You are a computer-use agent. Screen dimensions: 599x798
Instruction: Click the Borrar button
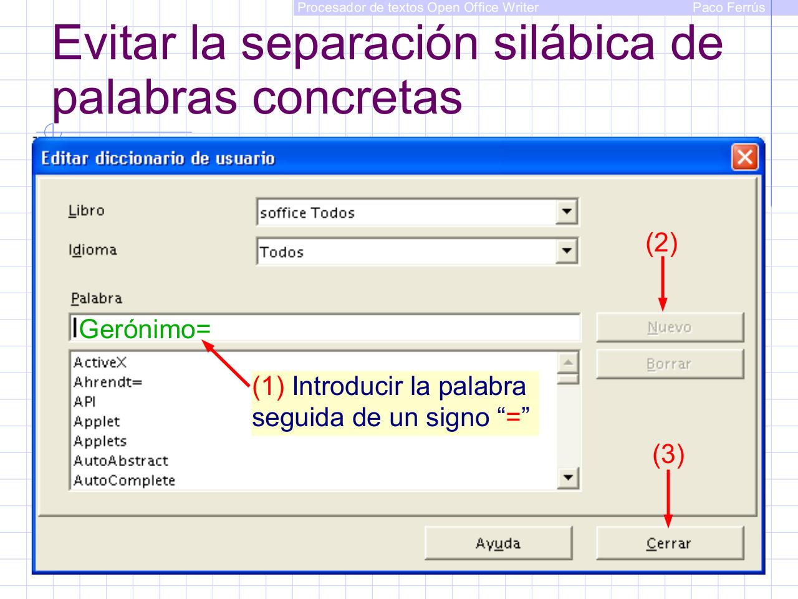point(670,364)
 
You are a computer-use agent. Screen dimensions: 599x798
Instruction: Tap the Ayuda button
point(498,543)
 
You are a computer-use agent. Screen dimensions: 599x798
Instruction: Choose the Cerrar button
point(670,543)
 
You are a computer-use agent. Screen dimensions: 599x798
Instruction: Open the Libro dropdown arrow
point(566,212)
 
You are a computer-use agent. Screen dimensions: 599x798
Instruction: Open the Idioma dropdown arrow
point(566,251)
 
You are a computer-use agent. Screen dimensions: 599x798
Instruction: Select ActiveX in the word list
point(100,363)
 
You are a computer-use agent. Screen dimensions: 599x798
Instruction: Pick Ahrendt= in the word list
point(108,382)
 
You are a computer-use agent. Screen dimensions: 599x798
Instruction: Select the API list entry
point(84,402)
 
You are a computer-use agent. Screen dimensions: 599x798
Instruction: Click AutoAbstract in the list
point(120,461)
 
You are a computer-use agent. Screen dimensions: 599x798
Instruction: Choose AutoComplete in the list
point(124,480)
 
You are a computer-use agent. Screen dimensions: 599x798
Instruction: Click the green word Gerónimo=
point(145,329)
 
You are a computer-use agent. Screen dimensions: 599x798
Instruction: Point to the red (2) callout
point(661,243)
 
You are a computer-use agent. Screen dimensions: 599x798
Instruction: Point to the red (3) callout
point(668,455)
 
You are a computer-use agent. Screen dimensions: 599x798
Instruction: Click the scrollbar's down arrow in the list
point(567,479)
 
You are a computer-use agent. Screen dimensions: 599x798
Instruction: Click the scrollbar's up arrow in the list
point(567,362)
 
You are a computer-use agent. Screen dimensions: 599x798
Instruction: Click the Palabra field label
point(96,298)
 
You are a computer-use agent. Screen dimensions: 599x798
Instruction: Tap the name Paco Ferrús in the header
point(728,7)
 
